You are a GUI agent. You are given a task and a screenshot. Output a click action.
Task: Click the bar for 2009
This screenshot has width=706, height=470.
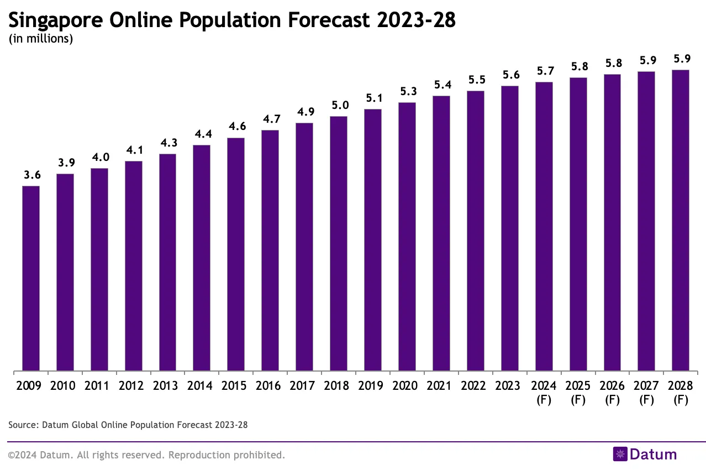[31, 278]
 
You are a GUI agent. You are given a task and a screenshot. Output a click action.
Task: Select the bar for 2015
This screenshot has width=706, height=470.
[236, 254]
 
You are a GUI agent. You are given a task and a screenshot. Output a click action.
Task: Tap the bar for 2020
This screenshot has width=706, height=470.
[407, 236]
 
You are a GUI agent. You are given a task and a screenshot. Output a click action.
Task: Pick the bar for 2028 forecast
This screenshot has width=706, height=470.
[680, 220]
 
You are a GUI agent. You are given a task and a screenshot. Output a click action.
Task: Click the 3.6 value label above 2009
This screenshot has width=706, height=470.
[32, 175]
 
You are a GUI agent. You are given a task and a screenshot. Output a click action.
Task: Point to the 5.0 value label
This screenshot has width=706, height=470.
[339, 106]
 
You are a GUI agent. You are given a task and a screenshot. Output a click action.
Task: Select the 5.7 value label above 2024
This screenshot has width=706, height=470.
[544, 71]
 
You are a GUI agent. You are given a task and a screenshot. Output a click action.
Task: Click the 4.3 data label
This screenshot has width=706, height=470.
[168, 143]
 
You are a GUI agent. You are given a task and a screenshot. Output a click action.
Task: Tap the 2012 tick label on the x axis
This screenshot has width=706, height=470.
[133, 385]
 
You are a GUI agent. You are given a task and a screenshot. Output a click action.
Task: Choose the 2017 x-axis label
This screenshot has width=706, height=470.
[304, 385]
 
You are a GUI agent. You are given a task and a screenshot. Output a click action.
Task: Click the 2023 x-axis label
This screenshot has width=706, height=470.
[510, 385]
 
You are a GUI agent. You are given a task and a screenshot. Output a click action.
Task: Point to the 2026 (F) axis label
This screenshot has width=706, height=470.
[612, 392]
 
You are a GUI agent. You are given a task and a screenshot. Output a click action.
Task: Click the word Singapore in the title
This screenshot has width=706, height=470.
[55, 20]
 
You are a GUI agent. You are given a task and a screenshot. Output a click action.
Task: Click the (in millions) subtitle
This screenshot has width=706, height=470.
[41, 39]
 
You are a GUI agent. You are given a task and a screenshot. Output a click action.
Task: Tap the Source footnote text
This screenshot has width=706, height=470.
[128, 425]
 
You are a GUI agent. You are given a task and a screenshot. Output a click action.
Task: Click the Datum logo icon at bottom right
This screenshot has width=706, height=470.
[620, 454]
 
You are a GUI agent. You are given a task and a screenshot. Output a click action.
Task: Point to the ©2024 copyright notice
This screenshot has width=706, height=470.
[146, 455]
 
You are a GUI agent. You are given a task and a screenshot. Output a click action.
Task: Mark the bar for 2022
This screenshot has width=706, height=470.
[476, 231]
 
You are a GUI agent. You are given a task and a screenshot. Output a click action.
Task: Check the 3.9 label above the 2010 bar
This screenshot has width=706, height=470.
[65, 163]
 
